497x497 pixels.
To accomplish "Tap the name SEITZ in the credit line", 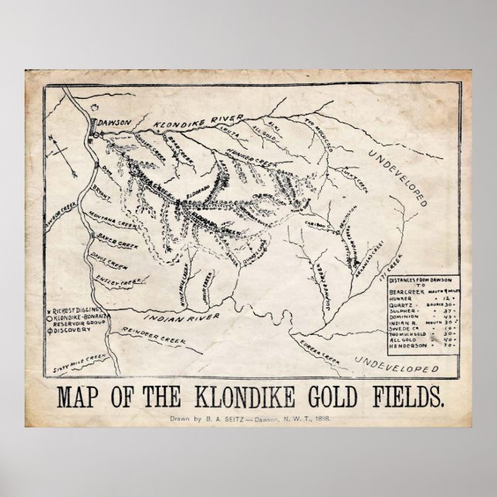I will pyautogui.click(x=230, y=418).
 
